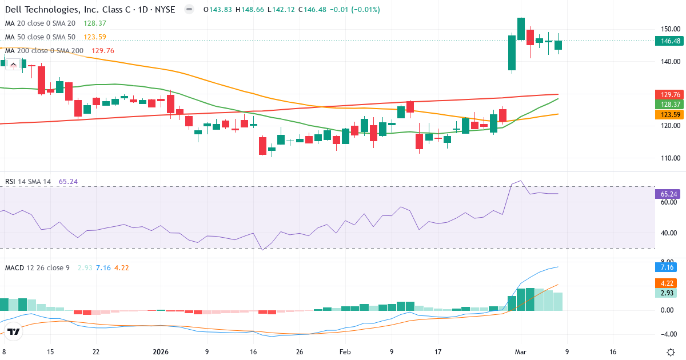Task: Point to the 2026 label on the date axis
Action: [161, 352]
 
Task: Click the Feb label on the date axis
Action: [345, 352]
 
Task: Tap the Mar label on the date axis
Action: [521, 352]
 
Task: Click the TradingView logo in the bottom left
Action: [14, 331]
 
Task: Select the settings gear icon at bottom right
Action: [672, 352]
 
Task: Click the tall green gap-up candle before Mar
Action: [512, 53]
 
